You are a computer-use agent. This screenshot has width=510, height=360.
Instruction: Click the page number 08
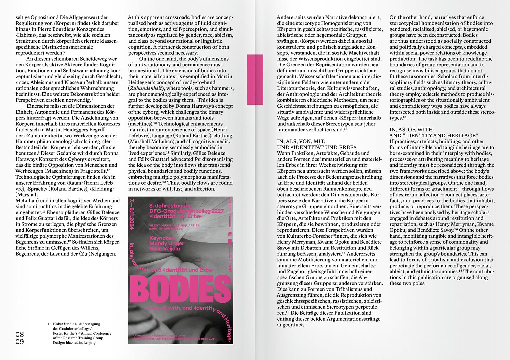pyautogui.click(x=20, y=335)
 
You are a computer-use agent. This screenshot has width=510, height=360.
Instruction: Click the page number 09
pyautogui.click(x=20, y=342)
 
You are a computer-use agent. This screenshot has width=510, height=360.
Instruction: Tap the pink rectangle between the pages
pyautogui.click(x=255, y=79)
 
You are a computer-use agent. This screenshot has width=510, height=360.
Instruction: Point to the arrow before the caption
pyautogui.click(x=48, y=324)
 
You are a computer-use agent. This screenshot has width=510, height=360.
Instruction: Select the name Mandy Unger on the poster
pyautogui.click(x=167, y=244)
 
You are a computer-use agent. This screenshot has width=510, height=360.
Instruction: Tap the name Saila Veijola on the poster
pyautogui.click(x=165, y=249)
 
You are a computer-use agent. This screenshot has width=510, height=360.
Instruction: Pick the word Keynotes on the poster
pyautogui.click(x=162, y=238)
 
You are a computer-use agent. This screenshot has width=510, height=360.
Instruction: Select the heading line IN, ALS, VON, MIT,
pyautogui.click(x=301, y=141)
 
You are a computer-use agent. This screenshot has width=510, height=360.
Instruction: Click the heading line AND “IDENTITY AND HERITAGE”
pyautogui.click(x=433, y=135)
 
